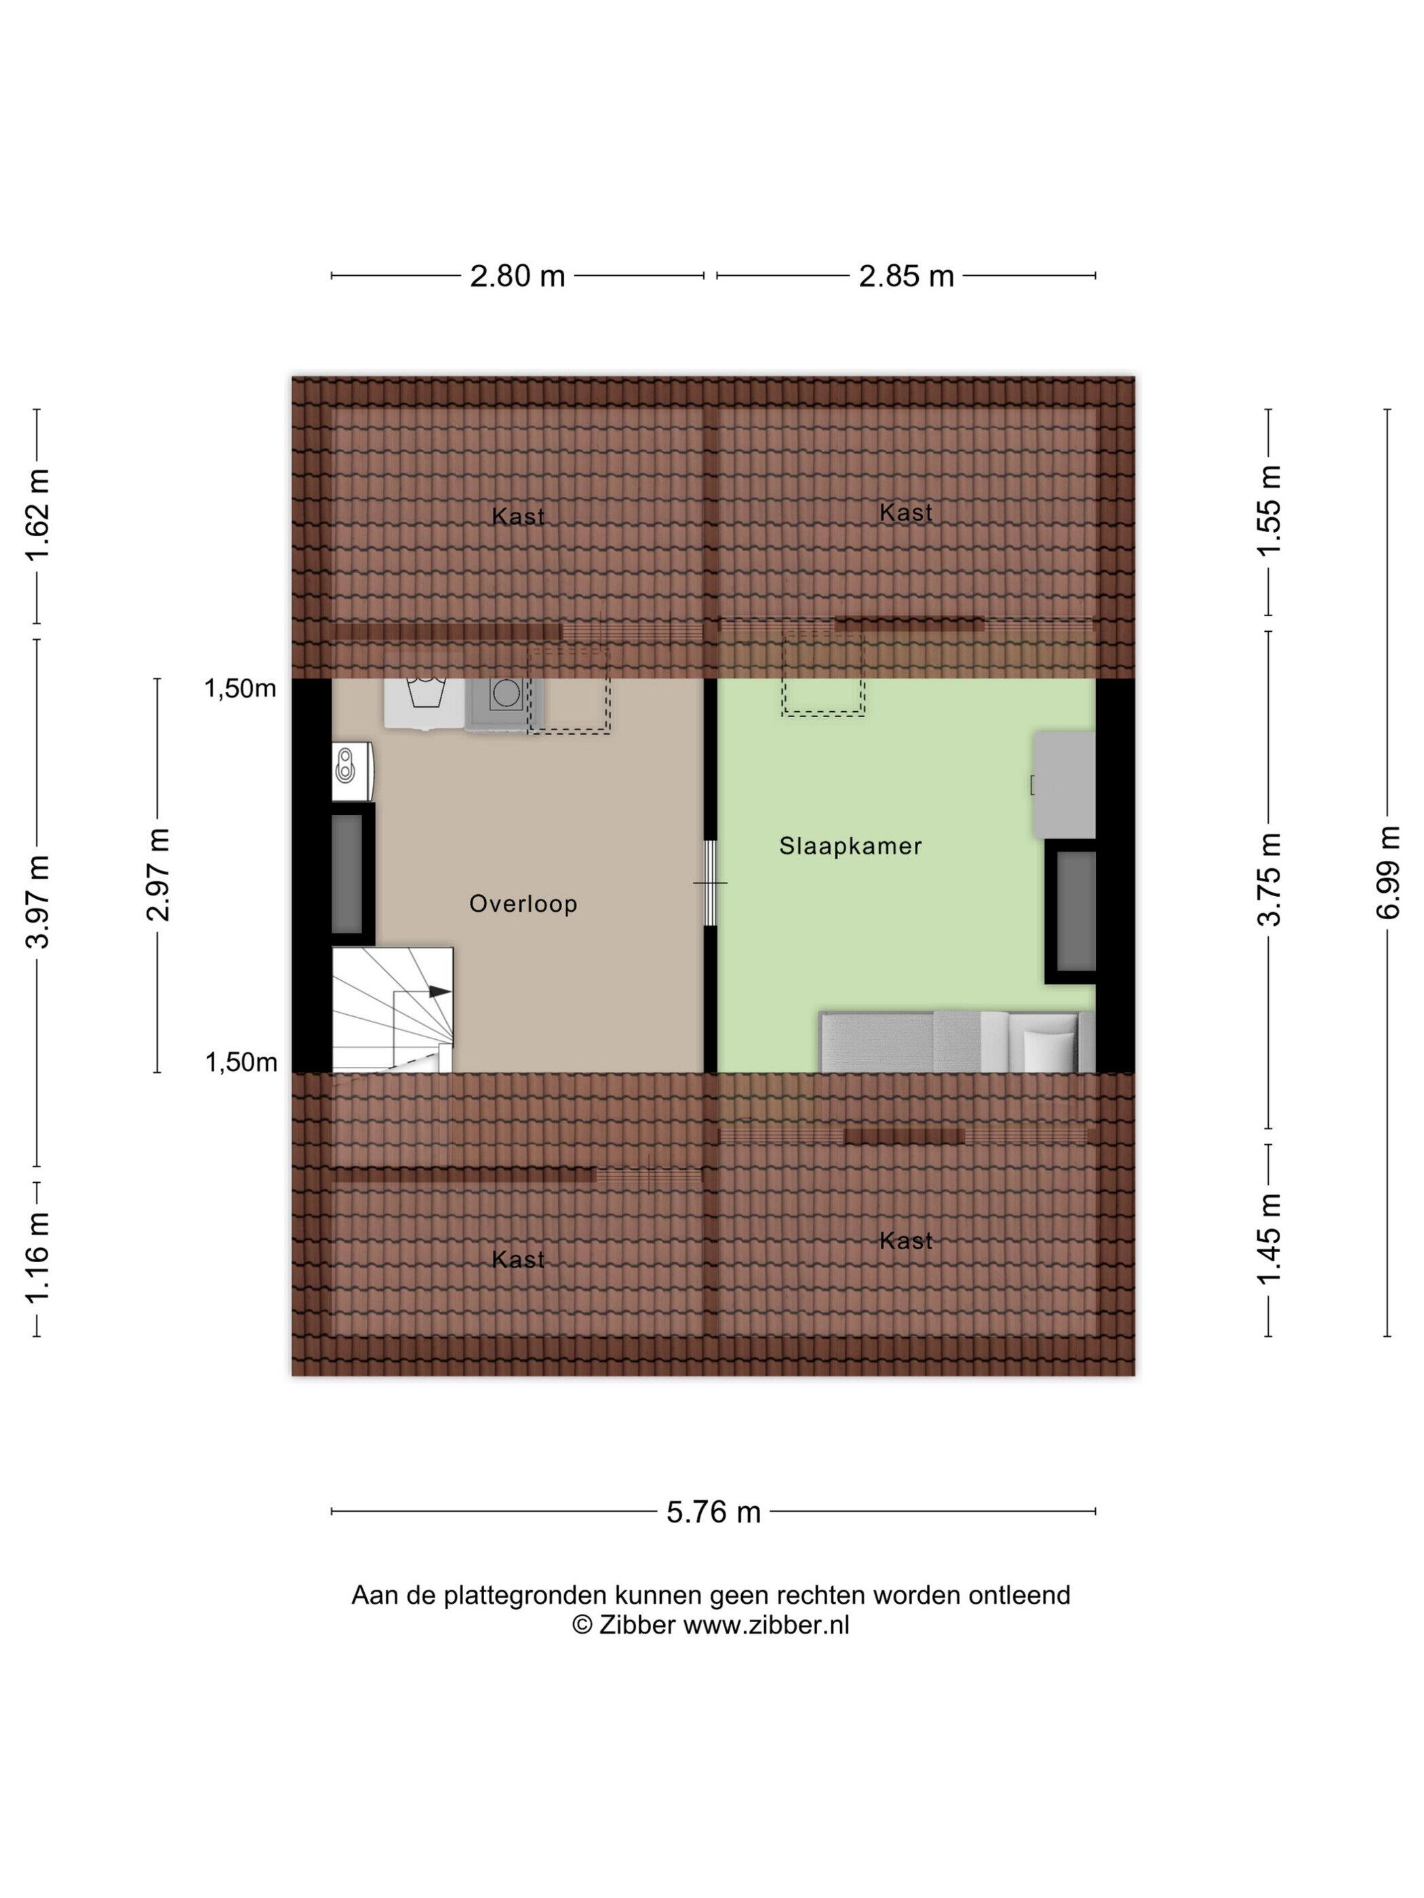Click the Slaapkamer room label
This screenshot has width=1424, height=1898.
(x=850, y=846)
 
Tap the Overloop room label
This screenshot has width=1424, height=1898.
(x=523, y=904)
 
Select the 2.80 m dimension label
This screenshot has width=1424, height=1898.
(x=517, y=277)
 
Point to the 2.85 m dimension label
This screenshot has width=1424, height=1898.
(x=907, y=277)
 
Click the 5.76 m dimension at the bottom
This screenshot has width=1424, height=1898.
(x=713, y=1512)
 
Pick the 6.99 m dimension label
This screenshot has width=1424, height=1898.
(x=1388, y=872)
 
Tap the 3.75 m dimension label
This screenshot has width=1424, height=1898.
(x=1269, y=879)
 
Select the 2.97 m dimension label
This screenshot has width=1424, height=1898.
(x=158, y=874)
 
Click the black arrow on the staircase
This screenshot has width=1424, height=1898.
(x=439, y=991)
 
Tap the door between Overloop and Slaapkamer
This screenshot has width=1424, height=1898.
(x=710, y=883)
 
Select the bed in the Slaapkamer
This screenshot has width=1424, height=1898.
(x=957, y=1042)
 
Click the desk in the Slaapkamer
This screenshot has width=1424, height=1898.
(x=1063, y=784)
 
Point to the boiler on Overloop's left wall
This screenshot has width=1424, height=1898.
(x=353, y=771)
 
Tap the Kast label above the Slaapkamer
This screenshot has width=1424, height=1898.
(x=905, y=513)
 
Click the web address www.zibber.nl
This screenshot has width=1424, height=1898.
(x=766, y=1625)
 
